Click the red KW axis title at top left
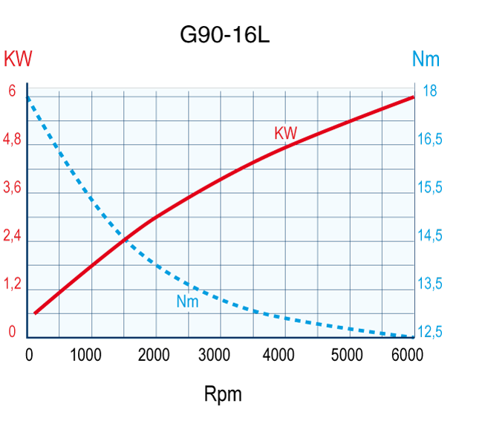(x=19, y=58)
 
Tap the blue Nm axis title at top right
(x=426, y=58)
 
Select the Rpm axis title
(x=223, y=394)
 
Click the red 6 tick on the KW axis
(x=12, y=91)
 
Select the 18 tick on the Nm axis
(x=429, y=91)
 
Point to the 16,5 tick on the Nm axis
(x=430, y=140)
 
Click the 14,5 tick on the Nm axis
(x=430, y=236)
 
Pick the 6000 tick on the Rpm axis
(x=406, y=354)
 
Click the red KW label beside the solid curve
(x=285, y=134)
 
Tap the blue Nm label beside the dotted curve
(x=187, y=301)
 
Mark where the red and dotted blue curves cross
(x=126, y=238)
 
